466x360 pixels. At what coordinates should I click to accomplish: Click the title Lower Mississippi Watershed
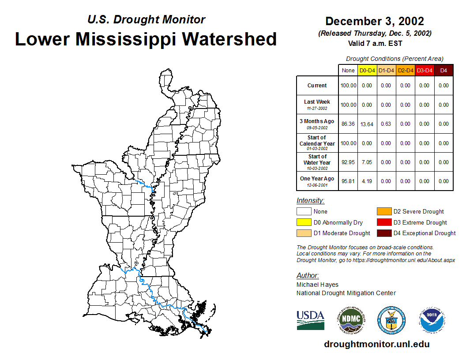click(x=146, y=39)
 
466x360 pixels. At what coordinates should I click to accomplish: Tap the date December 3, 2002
click(x=374, y=21)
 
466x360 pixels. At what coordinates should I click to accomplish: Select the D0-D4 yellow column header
click(x=367, y=70)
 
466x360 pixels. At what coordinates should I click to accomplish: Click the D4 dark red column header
click(x=443, y=70)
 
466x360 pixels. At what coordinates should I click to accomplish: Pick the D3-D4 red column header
click(x=424, y=70)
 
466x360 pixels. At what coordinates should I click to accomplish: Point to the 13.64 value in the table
click(x=367, y=124)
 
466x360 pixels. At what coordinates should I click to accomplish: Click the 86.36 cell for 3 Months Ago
click(x=348, y=124)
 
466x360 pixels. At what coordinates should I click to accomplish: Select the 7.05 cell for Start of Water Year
click(x=367, y=162)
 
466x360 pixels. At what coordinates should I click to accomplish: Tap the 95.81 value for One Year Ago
click(x=348, y=181)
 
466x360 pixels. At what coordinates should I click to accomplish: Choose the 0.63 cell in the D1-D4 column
click(x=386, y=124)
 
